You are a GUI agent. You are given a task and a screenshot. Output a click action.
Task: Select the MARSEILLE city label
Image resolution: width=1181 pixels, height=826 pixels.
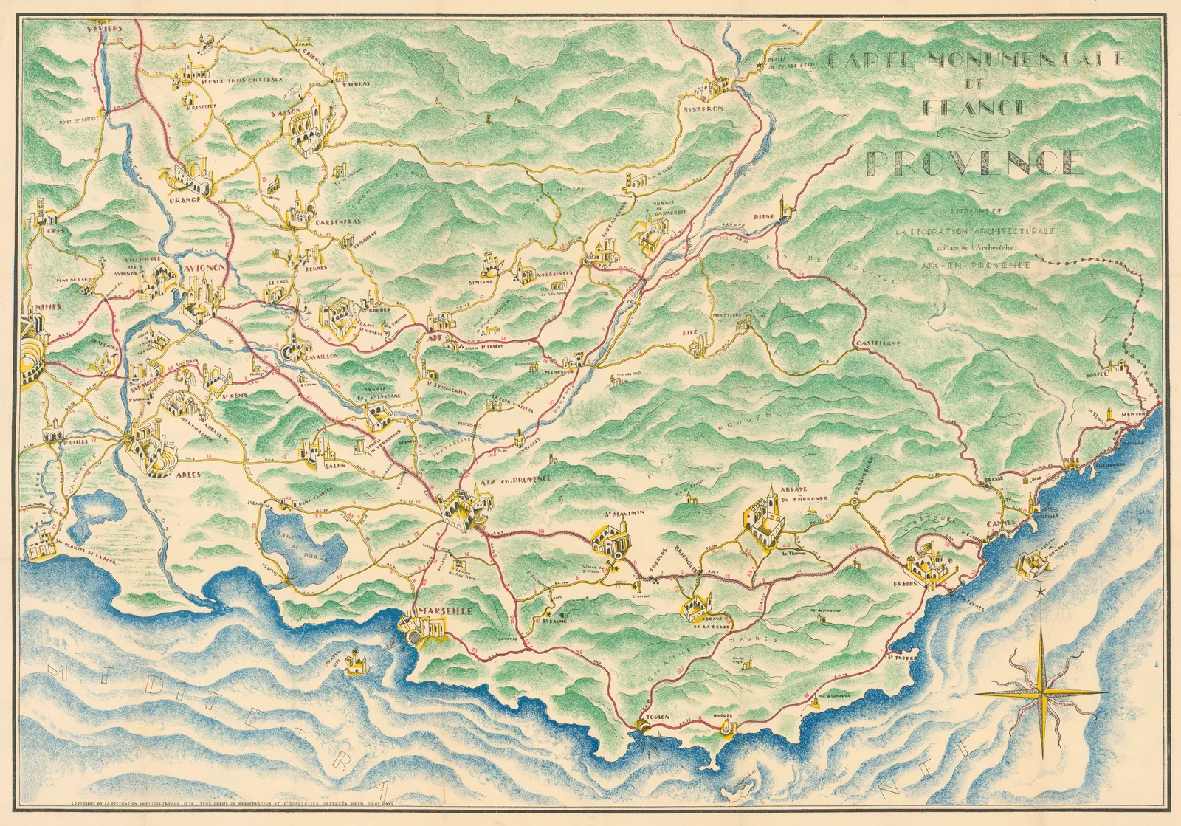[444, 611]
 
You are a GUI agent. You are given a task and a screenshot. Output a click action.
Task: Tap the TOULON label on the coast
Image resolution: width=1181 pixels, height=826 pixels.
[656, 717]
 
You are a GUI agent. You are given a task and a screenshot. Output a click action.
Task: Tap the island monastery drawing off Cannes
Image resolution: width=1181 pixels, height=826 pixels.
[1036, 565]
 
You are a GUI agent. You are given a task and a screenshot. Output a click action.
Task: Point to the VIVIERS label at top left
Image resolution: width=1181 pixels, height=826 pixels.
[103, 28]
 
